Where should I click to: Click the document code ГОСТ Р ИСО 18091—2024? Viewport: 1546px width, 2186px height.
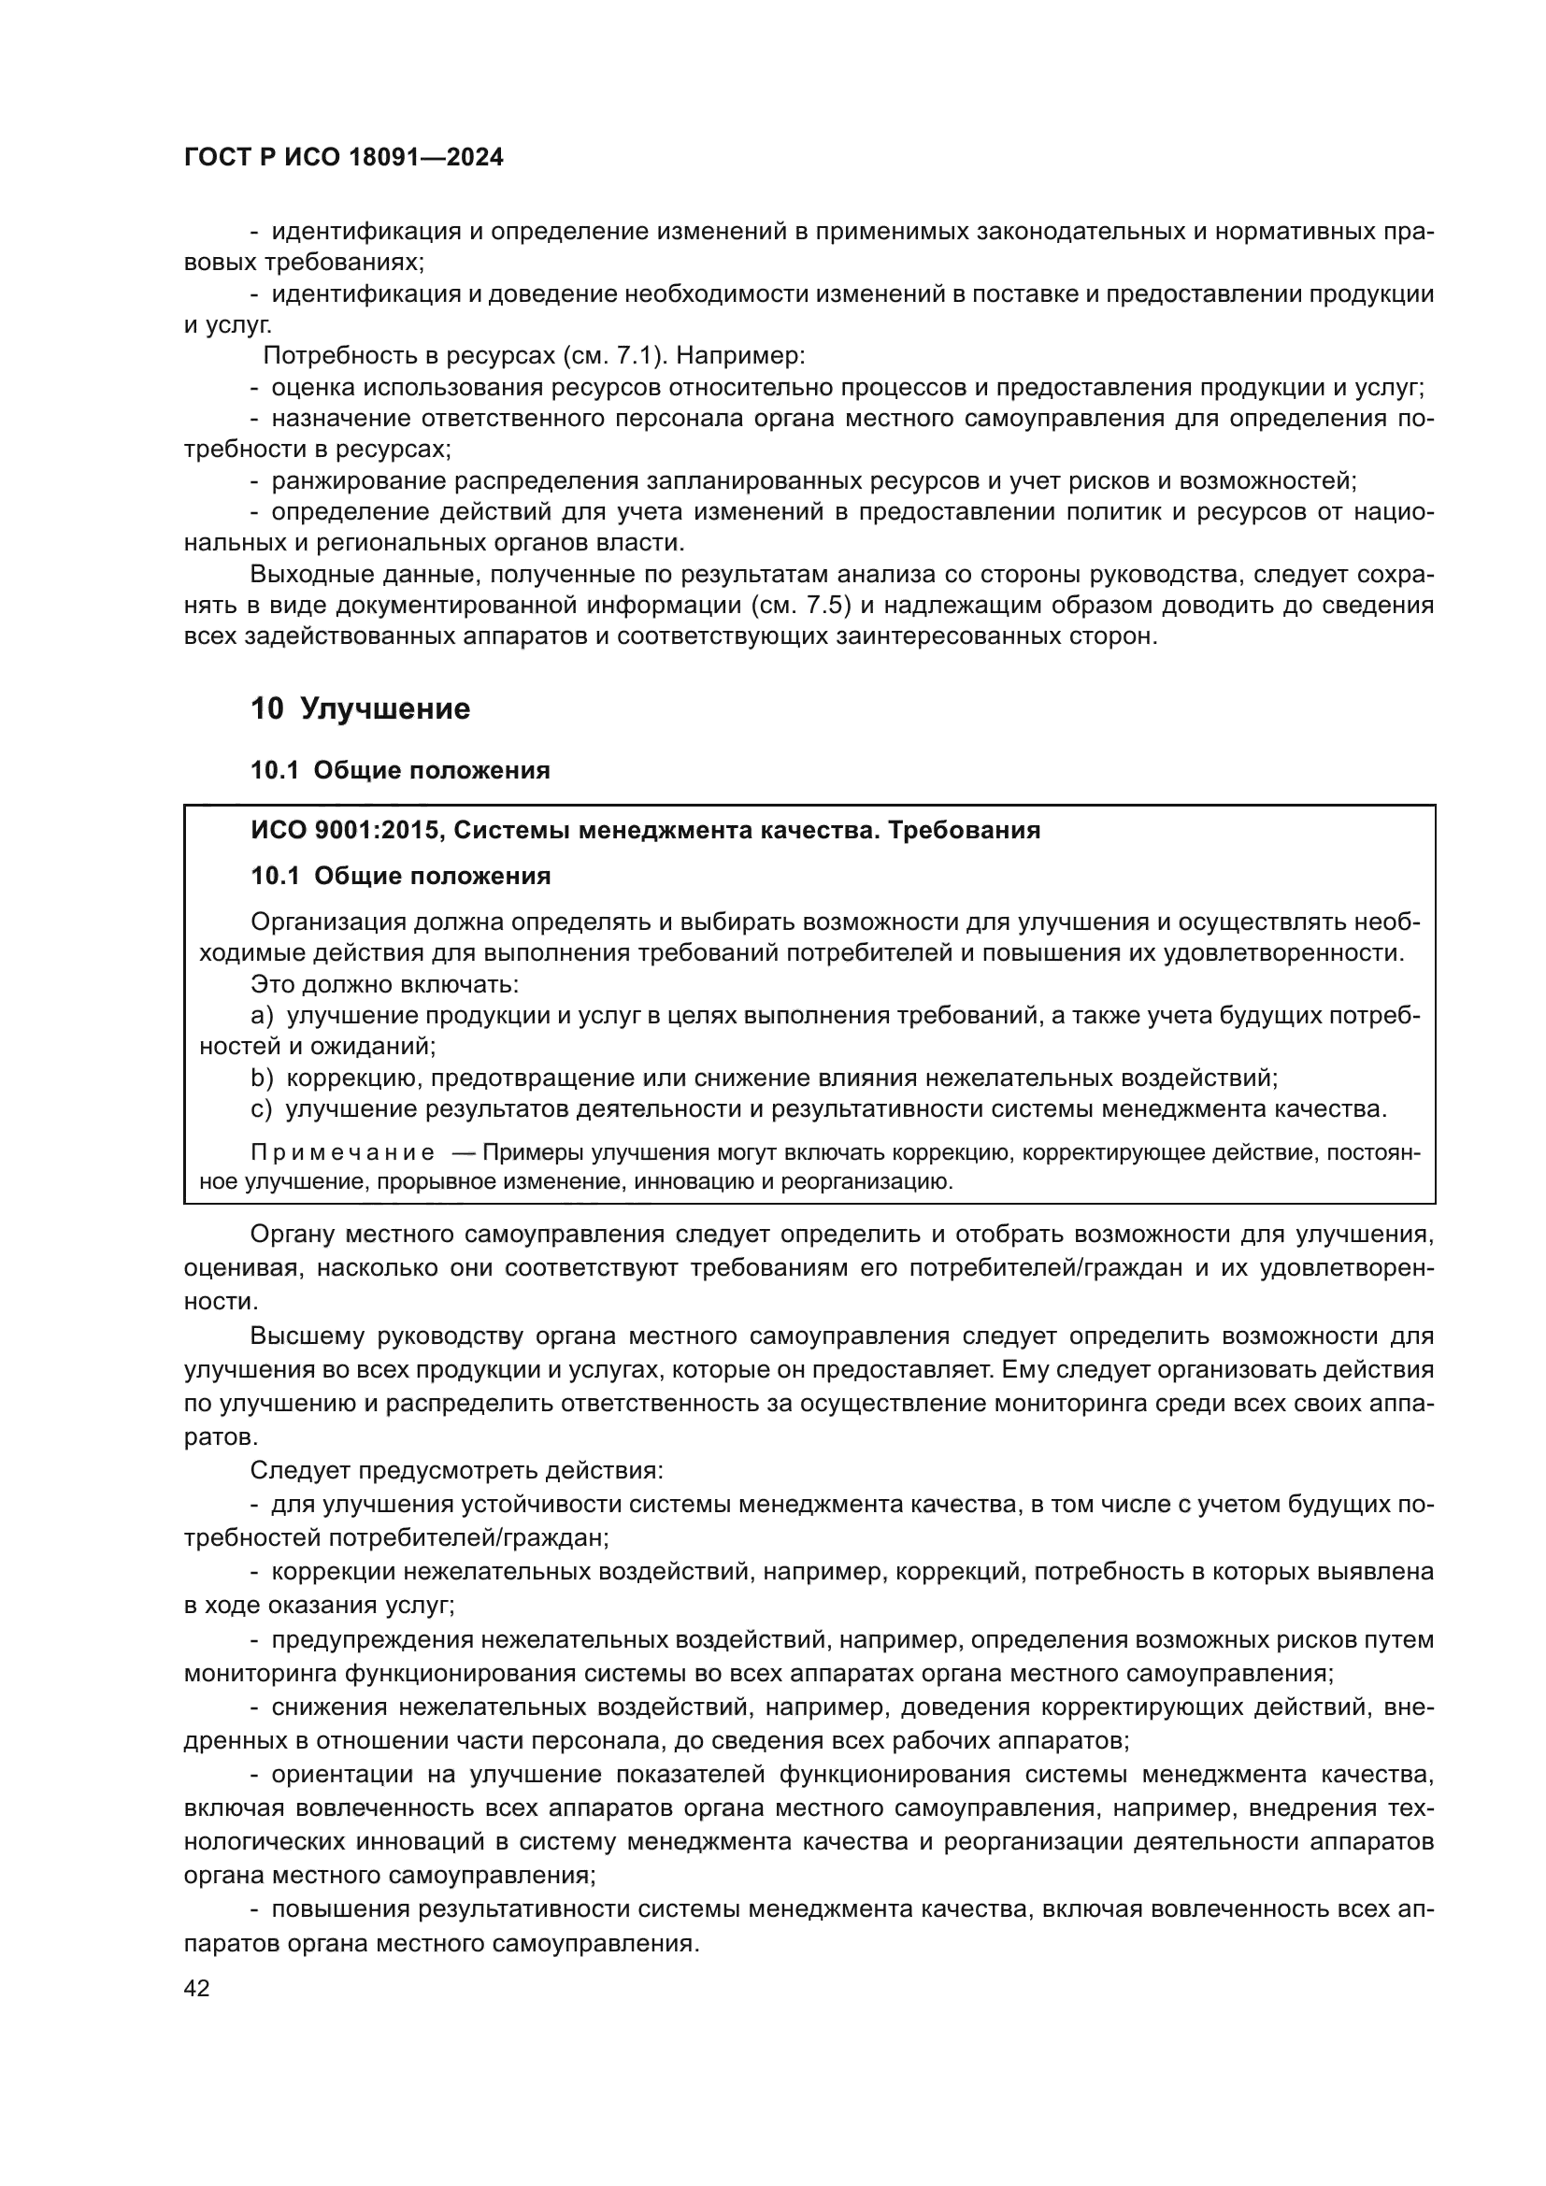[343, 158]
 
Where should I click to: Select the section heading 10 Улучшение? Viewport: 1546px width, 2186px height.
[360, 709]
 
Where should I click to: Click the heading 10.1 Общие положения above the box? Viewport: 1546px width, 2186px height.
[400, 771]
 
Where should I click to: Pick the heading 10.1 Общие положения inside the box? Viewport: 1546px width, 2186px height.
[400, 876]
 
